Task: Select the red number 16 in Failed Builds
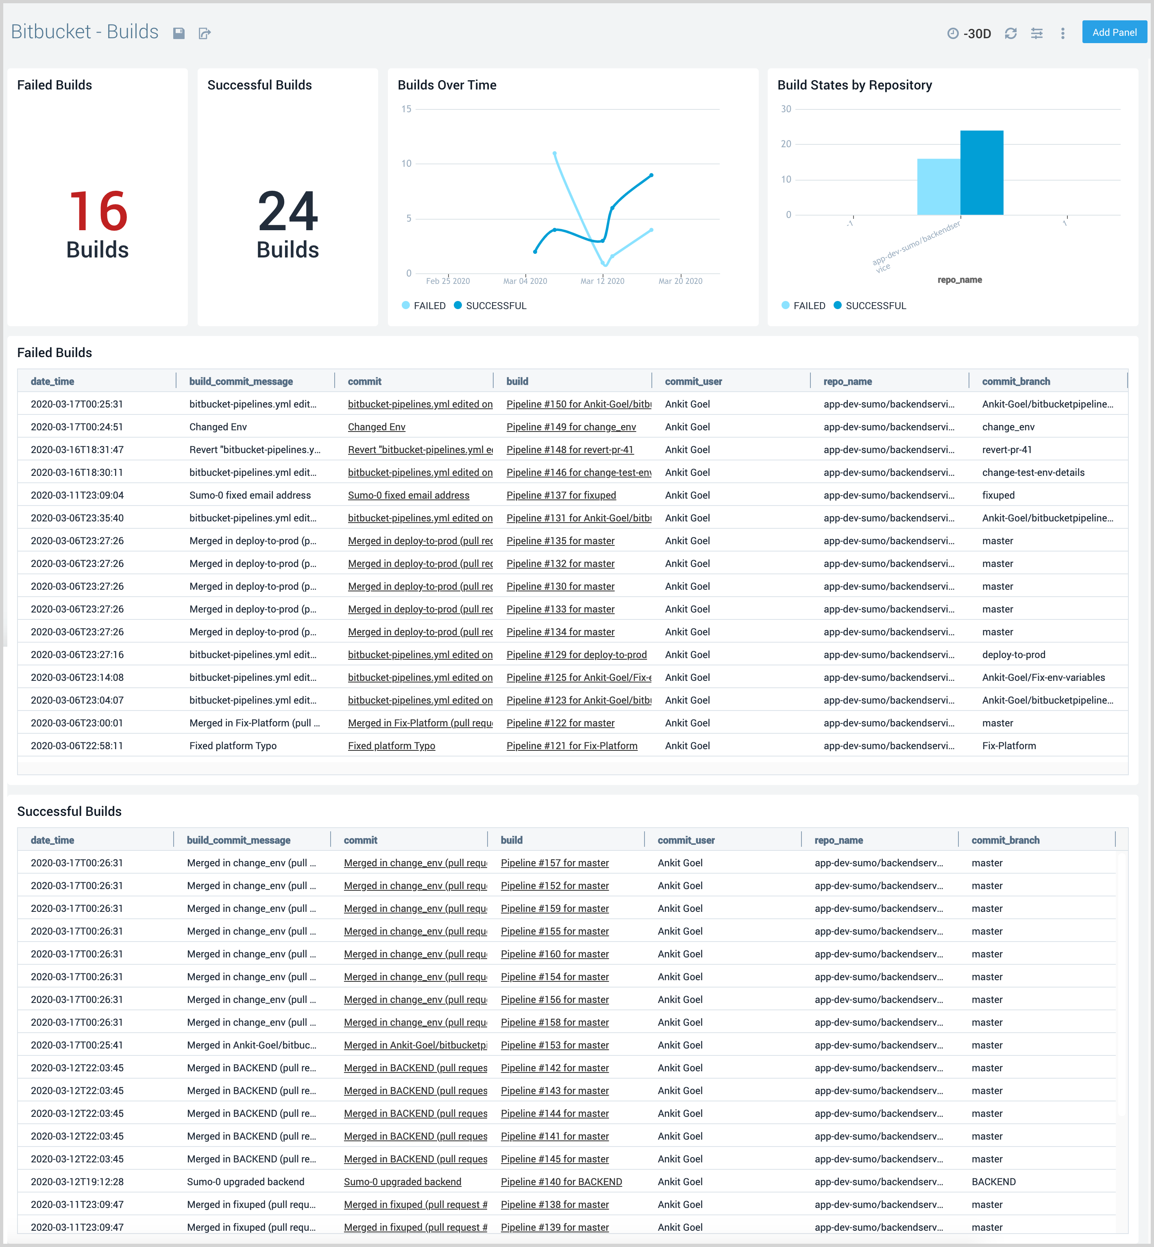point(98,211)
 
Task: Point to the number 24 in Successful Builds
point(288,211)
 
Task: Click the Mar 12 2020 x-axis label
point(602,281)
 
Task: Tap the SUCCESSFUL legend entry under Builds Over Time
point(496,305)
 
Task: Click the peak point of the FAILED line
point(555,153)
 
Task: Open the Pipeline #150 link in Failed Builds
point(578,404)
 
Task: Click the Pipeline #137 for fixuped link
point(561,495)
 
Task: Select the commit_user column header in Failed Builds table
point(693,382)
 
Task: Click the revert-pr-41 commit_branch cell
point(1007,449)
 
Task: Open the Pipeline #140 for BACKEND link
point(561,1182)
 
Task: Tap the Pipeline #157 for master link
point(555,863)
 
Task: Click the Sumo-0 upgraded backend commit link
point(402,1182)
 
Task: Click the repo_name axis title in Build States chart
point(959,280)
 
